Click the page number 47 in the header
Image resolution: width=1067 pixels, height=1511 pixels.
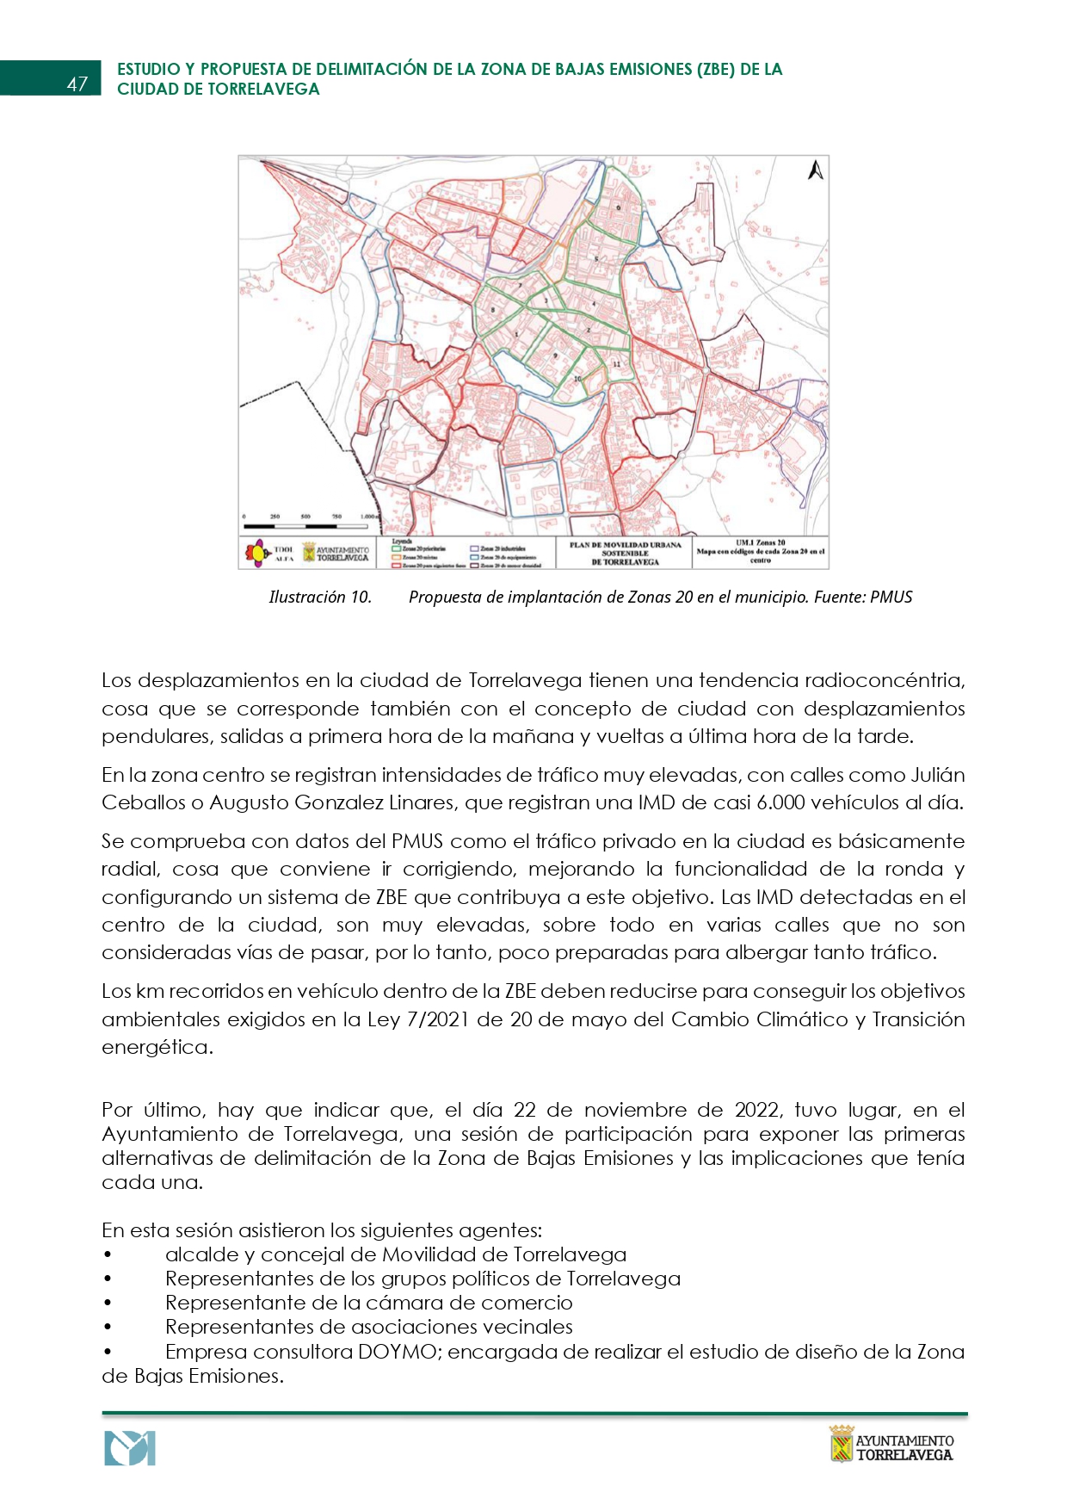pos(77,84)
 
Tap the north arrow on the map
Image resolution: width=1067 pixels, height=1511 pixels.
pos(815,170)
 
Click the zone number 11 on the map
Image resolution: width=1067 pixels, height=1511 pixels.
pos(616,364)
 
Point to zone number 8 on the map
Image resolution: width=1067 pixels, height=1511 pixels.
pos(493,310)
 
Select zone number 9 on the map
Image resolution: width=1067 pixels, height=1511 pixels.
pos(556,355)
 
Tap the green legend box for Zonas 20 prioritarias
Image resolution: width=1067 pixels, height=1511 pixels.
pos(398,548)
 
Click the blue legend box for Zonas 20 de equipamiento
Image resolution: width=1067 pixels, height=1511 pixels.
pos(475,557)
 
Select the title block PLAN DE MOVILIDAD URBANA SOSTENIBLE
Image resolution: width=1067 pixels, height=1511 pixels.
pos(625,554)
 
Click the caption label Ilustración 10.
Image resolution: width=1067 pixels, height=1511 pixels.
pos(320,597)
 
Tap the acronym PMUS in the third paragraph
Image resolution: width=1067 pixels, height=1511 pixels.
pos(417,841)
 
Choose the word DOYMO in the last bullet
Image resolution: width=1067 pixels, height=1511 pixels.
pos(397,1352)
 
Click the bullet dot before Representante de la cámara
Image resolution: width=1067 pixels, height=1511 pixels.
pos(108,1304)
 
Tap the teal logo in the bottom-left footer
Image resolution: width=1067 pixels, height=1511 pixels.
pos(130,1448)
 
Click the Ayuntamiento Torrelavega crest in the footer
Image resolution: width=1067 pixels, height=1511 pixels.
pos(841,1444)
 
